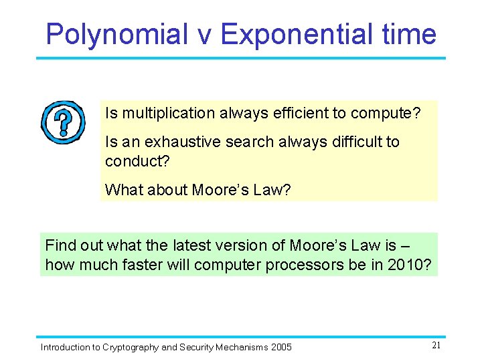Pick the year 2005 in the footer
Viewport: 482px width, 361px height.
tap(280, 348)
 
